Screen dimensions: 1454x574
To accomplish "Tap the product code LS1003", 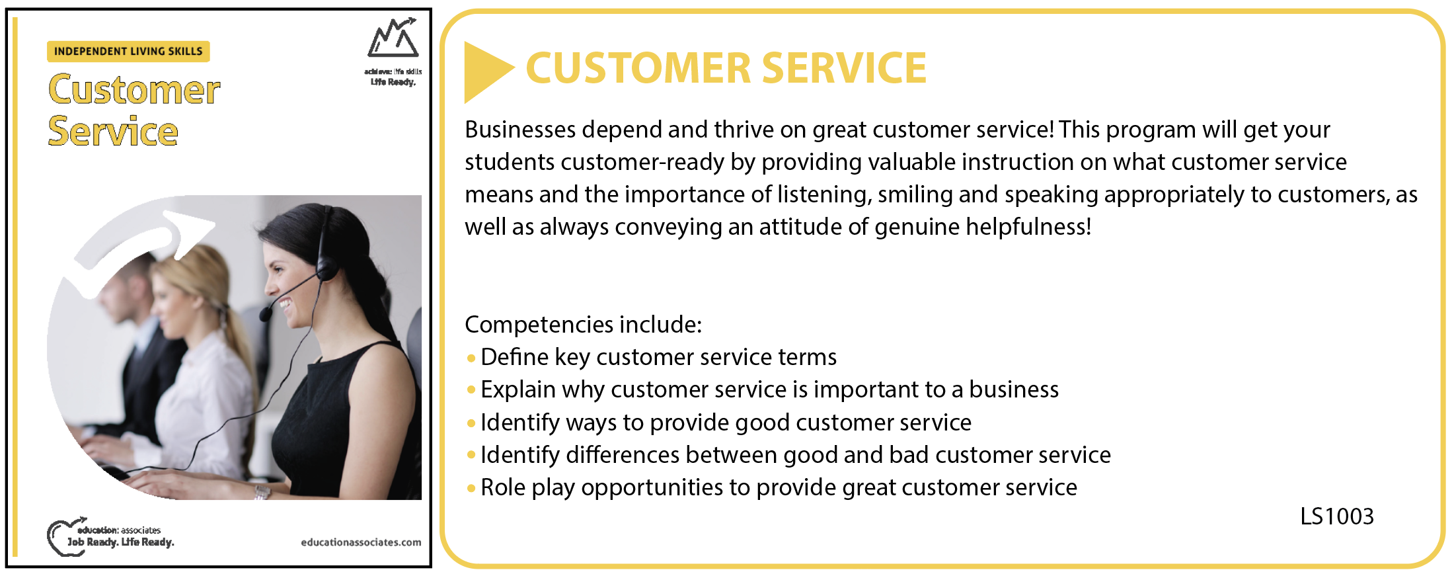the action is coord(1336,516).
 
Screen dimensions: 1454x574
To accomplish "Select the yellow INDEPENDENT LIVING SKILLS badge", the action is coord(128,52).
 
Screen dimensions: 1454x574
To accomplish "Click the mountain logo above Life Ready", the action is coord(393,38).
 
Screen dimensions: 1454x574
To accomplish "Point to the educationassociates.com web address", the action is coord(361,542).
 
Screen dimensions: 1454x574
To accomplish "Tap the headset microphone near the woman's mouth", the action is coord(266,312).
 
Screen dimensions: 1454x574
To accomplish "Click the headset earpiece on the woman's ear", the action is coord(325,268).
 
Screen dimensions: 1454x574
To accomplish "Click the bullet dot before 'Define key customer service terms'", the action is coord(471,358).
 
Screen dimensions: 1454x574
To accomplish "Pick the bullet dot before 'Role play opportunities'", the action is coord(471,489).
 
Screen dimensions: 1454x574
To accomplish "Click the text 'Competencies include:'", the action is coord(583,325).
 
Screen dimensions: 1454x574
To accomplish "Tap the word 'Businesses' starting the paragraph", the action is coord(520,130).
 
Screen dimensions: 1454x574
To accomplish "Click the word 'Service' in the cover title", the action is coord(113,131).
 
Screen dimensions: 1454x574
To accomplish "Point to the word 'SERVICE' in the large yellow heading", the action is coord(844,68).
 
